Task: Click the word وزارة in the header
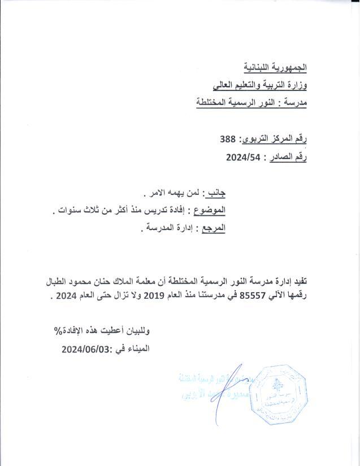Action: click(x=296, y=85)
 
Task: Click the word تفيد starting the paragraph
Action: click(x=305, y=281)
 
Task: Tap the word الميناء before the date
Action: click(x=138, y=349)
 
